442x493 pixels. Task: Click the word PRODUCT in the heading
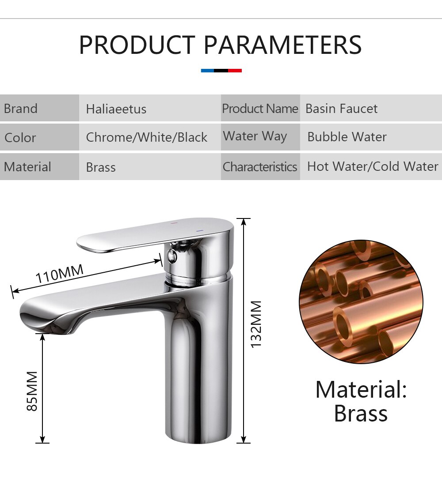tap(137, 45)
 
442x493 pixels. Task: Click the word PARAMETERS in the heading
tap(283, 45)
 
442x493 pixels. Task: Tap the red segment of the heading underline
tap(235, 71)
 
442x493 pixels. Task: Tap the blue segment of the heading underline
tap(207, 71)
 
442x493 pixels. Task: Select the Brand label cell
tap(39, 108)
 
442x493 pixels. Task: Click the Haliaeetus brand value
tap(116, 109)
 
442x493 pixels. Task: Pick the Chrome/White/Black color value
tap(146, 137)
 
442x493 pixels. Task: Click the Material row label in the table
tap(27, 167)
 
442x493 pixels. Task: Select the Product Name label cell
tap(260, 108)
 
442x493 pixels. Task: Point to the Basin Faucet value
tap(342, 109)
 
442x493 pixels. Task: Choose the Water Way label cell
tap(260, 137)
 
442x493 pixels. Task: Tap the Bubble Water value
tap(347, 137)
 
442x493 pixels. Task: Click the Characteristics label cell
tap(260, 167)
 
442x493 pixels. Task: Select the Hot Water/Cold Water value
tap(373, 166)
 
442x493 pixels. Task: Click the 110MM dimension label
tap(59, 273)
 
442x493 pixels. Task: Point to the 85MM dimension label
tap(32, 391)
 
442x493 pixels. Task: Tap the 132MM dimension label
tap(255, 324)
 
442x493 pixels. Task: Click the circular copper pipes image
tap(361, 302)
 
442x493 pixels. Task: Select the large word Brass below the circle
tap(361, 413)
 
